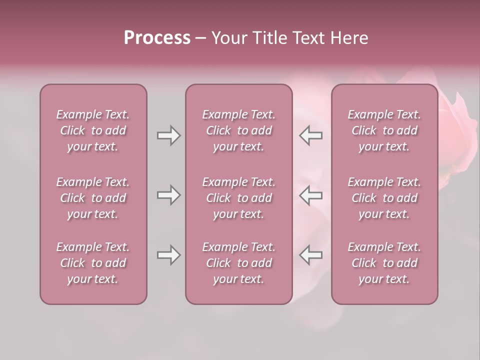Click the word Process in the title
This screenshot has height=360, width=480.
(x=157, y=38)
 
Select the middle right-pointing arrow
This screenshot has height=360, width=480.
(x=168, y=195)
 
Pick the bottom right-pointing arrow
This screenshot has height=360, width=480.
(x=168, y=255)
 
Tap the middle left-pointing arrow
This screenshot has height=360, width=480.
(x=310, y=195)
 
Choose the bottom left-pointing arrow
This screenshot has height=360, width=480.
(x=310, y=255)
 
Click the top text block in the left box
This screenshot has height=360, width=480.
(x=93, y=130)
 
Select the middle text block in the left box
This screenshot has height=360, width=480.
(x=93, y=198)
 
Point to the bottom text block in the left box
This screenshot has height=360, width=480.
(x=93, y=263)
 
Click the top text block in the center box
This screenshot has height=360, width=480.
(x=239, y=130)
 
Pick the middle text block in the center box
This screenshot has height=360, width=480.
(x=239, y=198)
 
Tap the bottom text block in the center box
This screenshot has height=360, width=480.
(x=239, y=263)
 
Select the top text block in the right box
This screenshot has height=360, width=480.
(x=384, y=130)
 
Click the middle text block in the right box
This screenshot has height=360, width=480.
(x=384, y=198)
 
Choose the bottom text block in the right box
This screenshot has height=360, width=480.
(x=384, y=263)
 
